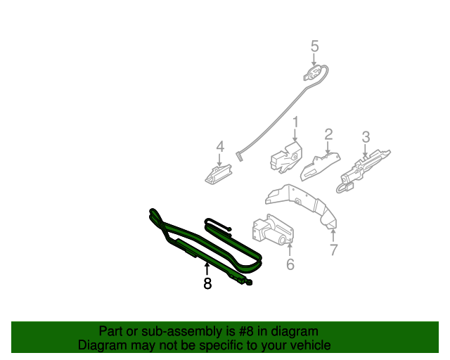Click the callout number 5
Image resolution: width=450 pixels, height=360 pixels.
point(314,46)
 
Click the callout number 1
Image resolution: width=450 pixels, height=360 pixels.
point(295,122)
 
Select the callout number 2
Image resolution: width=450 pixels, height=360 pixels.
point(328,134)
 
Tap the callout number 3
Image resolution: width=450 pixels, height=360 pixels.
point(366,136)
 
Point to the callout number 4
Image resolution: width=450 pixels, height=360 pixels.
point(220,146)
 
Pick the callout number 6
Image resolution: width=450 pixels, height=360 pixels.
point(290,264)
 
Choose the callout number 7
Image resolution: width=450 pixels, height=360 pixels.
point(333,249)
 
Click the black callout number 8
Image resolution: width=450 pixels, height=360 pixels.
point(207,283)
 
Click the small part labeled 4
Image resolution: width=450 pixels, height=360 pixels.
point(218,172)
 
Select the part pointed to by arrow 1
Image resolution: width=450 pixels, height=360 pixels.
point(285,156)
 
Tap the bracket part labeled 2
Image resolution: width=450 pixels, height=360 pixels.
point(320,166)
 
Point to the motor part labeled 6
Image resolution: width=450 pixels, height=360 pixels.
point(271,230)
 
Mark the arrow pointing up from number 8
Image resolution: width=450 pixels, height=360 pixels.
point(207,268)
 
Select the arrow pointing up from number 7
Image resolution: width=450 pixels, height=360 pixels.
point(333,235)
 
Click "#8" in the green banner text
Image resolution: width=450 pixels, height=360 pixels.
point(241,331)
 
